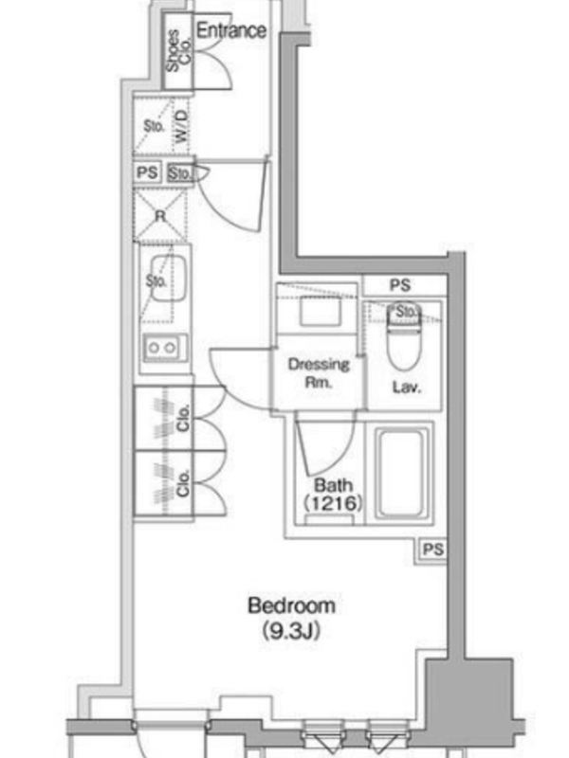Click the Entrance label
[x=230, y=30]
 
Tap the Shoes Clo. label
[x=178, y=51]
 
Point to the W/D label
[x=181, y=126]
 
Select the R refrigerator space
[x=160, y=216]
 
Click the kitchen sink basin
[x=168, y=279]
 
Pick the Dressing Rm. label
[x=319, y=372]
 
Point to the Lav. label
[x=407, y=387]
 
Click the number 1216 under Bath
[x=334, y=504]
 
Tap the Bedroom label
[x=291, y=605]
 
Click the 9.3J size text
[x=291, y=630]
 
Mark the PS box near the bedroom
[x=432, y=550]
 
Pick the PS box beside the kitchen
[x=148, y=172]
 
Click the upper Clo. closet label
[x=183, y=418]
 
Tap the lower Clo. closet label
[x=183, y=483]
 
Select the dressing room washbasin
[x=320, y=311]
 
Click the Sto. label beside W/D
[x=154, y=126]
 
